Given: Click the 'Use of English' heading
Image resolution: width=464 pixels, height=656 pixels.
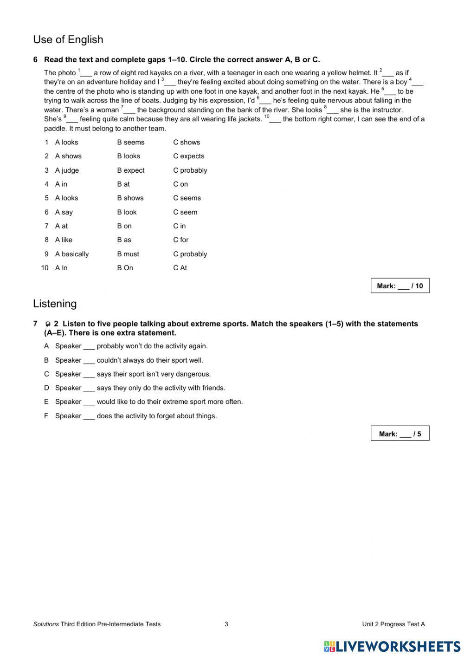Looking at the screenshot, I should coord(68,40).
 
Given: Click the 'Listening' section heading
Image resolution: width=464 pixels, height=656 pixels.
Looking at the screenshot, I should coord(55,304).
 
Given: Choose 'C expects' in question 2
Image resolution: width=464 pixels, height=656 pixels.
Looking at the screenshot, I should coord(188,156).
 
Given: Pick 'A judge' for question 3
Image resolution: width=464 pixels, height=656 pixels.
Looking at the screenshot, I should coord(67,170).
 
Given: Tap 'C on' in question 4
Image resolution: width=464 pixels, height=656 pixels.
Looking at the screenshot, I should coord(180,184).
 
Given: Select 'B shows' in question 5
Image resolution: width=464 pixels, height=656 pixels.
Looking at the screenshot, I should coord(130,198).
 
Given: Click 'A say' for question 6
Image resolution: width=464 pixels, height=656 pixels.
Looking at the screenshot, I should coord(64,212).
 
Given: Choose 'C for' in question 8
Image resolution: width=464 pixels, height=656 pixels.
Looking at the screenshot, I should coord(181,240).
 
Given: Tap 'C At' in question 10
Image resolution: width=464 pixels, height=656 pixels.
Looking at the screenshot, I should coord(180,268).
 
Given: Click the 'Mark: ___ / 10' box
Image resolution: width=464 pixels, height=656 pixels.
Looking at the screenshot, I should coord(400,286).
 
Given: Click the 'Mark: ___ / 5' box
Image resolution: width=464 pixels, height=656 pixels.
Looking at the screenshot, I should coord(400,434).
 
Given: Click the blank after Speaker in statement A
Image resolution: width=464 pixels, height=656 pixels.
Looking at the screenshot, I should coord(89,347).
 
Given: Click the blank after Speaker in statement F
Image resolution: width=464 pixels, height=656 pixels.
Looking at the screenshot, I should coord(89,416).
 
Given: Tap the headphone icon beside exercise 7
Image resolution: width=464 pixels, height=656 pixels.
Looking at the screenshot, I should coord(48,324).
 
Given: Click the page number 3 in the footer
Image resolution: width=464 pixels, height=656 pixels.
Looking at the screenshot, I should coord(226,624).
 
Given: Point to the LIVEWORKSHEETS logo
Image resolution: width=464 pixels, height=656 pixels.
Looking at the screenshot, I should coord(392,646).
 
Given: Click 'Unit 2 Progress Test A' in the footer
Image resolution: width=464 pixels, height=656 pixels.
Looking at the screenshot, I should coord(393,624).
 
